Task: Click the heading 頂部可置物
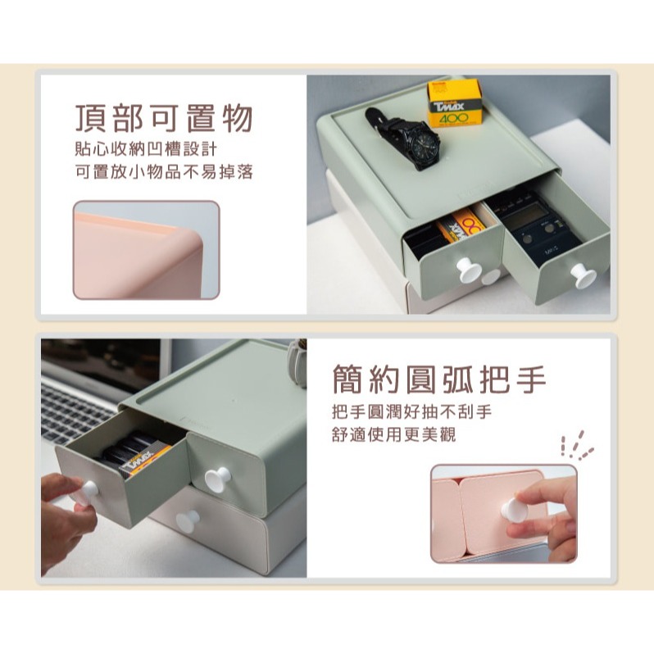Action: pyautogui.click(x=162, y=119)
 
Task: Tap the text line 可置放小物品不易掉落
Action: pyautogui.click(x=162, y=174)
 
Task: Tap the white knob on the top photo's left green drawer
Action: pyautogui.click(x=470, y=270)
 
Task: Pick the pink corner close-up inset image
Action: pyautogui.click(x=146, y=250)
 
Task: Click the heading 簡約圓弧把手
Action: pyautogui.click(x=438, y=379)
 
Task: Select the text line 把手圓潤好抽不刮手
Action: pyautogui.click(x=412, y=411)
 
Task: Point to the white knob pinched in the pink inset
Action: pyautogui.click(x=512, y=511)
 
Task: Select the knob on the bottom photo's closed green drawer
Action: pyautogui.click(x=217, y=479)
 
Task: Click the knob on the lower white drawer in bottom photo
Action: pyautogui.click(x=188, y=521)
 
